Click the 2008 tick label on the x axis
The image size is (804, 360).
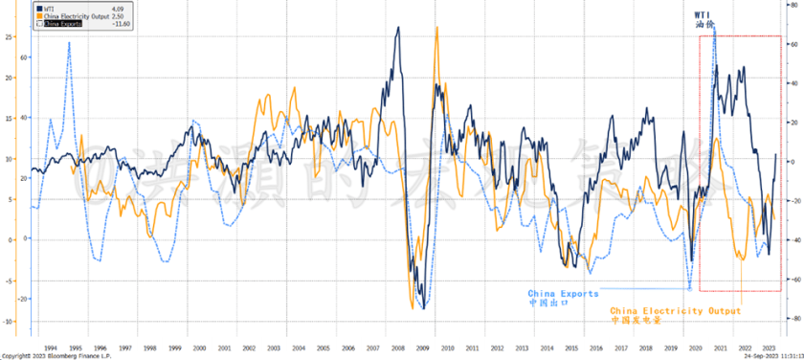(x=394, y=348)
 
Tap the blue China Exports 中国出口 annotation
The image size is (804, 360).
(x=563, y=298)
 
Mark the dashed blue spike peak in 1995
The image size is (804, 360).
(x=69, y=42)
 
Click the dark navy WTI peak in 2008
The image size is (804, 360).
(x=397, y=28)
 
